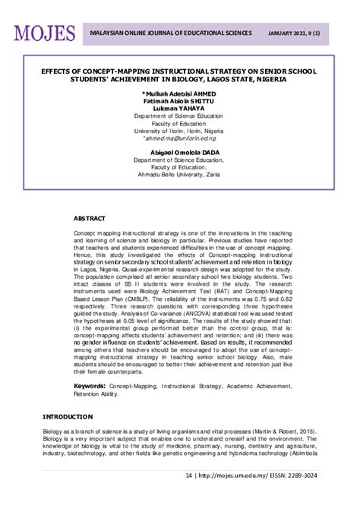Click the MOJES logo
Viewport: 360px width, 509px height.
(x=44, y=33)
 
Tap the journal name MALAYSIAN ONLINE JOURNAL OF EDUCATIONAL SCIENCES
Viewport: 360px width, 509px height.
(x=171, y=34)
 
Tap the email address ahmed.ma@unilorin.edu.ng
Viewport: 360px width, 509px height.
(x=179, y=139)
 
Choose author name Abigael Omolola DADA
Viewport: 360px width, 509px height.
(x=179, y=153)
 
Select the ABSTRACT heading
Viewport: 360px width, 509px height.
(x=90, y=217)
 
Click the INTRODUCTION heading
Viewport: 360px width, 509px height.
(x=68, y=416)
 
